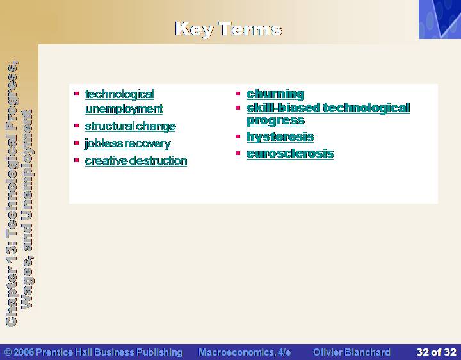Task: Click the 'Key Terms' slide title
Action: pos(229,29)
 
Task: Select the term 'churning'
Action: pos(275,94)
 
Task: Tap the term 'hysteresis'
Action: pos(280,137)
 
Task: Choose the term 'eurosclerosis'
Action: pos(290,153)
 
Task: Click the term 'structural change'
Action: pos(130,126)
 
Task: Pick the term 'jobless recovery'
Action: pos(127,143)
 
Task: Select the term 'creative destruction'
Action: pos(136,161)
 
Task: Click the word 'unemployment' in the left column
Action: pos(124,109)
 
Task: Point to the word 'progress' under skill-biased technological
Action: pos(275,120)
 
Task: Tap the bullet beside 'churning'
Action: pos(238,94)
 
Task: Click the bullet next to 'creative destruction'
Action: pos(76,160)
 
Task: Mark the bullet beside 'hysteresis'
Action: pos(238,136)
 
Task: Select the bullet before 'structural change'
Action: pos(76,126)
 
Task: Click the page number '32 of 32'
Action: pos(436,352)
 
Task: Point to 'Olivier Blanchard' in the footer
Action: pos(352,352)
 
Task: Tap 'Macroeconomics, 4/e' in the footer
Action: pos(245,352)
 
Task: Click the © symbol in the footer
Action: pos(8,352)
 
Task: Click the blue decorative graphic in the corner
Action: pos(440,19)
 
